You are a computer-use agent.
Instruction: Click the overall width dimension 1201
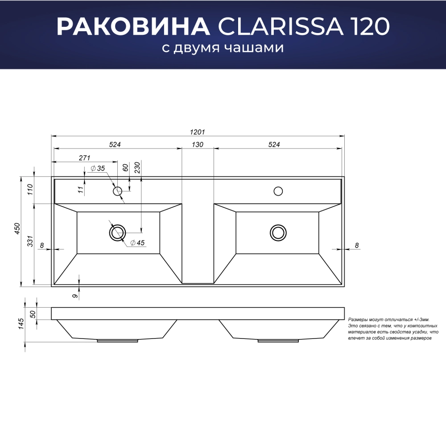point(198,132)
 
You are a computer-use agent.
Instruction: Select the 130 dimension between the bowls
point(198,145)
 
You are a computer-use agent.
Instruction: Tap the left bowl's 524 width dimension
point(115,145)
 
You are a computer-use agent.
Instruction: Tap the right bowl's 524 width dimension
point(274,145)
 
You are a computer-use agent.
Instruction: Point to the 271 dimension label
point(84,158)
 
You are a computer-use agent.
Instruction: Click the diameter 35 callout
point(98,169)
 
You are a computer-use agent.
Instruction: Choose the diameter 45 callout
point(138,243)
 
